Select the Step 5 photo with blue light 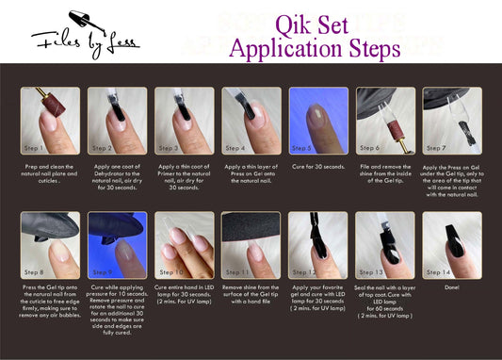tap(317, 121)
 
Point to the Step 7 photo tap(451, 121)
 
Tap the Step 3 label tap(170, 148)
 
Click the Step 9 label tap(103, 272)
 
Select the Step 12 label tap(303, 272)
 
